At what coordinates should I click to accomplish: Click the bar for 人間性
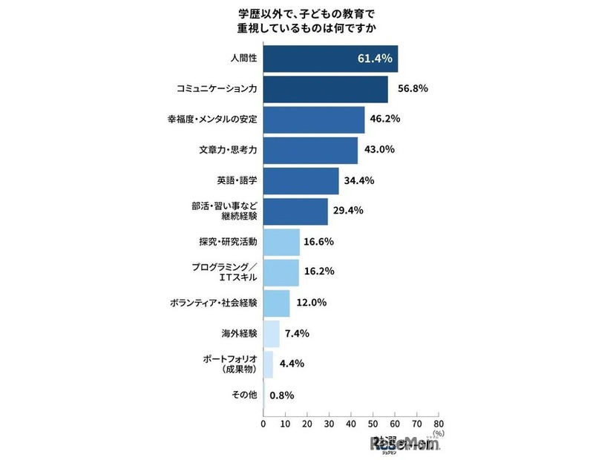[x=330, y=59]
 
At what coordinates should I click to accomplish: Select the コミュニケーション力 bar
[x=325, y=89]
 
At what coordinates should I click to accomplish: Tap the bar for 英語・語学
[x=301, y=180]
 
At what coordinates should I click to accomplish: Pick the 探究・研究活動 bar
[x=281, y=241]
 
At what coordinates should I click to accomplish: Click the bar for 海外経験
[x=271, y=333]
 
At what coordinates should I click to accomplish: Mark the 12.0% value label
[x=310, y=303]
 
